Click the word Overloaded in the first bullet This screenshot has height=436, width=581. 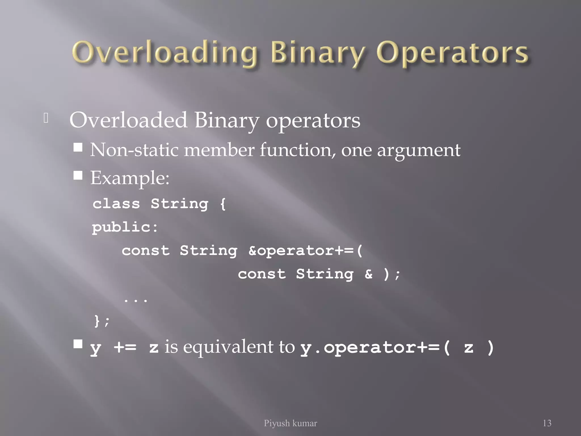tap(128, 120)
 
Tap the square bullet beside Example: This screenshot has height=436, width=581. tap(78, 175)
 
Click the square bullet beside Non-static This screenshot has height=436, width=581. tap(78, 147)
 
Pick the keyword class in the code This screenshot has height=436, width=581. tap(116, 204)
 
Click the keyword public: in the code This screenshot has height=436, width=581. tap(125, 227)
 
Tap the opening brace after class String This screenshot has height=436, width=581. tap(223, 204)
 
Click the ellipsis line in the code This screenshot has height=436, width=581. tap(136, 299)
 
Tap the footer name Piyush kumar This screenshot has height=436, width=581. tap(290, 423)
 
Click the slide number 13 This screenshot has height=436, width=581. tap(547, 423)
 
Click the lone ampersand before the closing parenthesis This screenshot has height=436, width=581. tap(368, 274)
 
